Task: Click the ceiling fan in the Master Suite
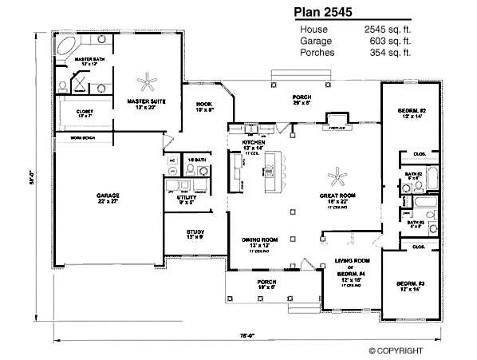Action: [148, 81]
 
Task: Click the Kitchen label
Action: [252, 144]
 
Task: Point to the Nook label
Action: [203, 105]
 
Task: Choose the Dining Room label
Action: [260, 239]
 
